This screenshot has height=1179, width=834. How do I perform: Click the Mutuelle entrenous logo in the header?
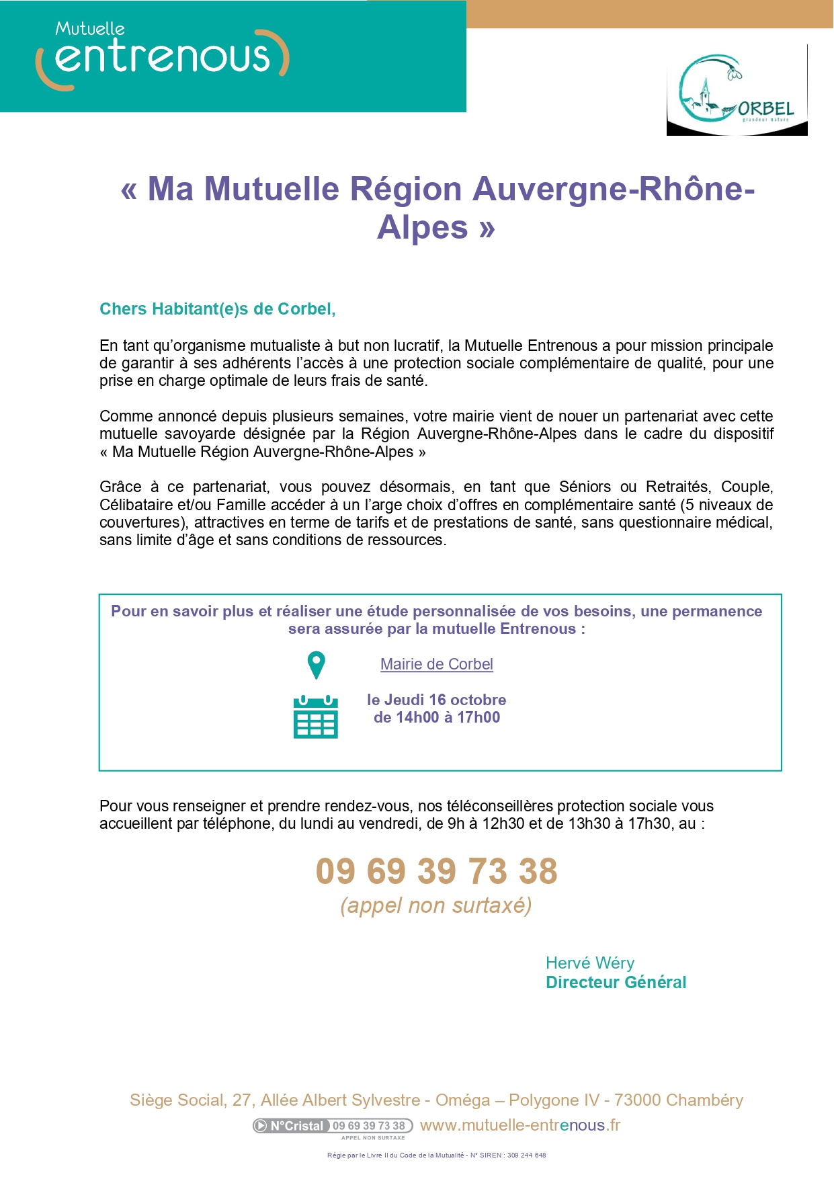pyautogui.click(x=162, y=56)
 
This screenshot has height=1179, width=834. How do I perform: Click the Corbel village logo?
pyautogui.click(x=737, y=90)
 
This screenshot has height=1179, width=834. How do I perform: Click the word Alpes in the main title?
pyautogui.click(x=422, y=227)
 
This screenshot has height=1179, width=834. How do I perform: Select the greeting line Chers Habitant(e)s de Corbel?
pyautogui.click(x=217, y=309)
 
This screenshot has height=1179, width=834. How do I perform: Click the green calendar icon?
pyautogui.click(x=316, y=717)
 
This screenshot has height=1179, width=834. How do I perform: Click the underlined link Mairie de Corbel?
pyautogui.click(x=437, y=664)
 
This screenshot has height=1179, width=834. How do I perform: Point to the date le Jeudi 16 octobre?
pyautogui.click(x=437, y=700)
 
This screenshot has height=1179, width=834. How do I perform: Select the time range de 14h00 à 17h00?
pyautogui.click(x=437, y=718)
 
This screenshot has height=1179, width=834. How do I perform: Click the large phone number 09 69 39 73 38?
pyautogui.click(x=437, y=871)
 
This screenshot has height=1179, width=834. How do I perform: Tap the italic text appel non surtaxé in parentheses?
pyautogui.click(x=436, y=905)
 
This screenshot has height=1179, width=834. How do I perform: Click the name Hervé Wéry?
pyautogui.click(x=590, y=963)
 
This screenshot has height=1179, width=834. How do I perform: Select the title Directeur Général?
pyautogui.click(x=616, y=983)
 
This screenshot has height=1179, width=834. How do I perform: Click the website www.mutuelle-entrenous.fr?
pyautogui.click(x=520, y=1125)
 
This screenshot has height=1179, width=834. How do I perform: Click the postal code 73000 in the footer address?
pyautogui.click(x=638, y=1100)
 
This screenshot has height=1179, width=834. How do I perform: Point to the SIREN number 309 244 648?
pyautogui.click(x=526, y=1155)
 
